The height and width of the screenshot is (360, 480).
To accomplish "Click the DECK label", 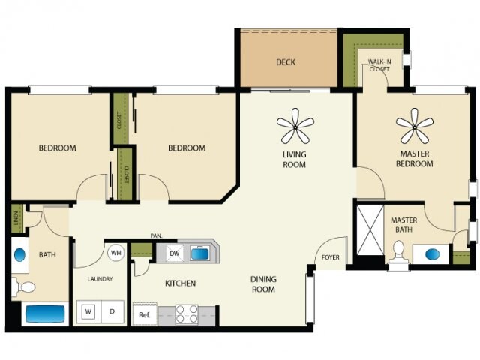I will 285,62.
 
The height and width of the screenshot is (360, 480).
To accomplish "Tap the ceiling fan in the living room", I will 295,126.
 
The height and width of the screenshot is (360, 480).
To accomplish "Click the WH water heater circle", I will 116,253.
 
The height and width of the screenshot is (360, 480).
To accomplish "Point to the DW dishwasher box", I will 175,253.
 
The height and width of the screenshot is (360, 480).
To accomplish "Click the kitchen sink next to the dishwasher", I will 199,253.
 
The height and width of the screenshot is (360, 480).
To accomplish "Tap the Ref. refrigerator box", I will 144,314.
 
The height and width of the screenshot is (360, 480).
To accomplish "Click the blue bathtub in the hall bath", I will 46,313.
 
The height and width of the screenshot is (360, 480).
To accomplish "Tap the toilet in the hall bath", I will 25,286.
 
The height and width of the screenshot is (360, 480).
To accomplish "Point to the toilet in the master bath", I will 398,257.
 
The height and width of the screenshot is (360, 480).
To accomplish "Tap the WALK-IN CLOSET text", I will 379,64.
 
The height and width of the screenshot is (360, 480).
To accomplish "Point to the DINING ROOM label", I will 263,283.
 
